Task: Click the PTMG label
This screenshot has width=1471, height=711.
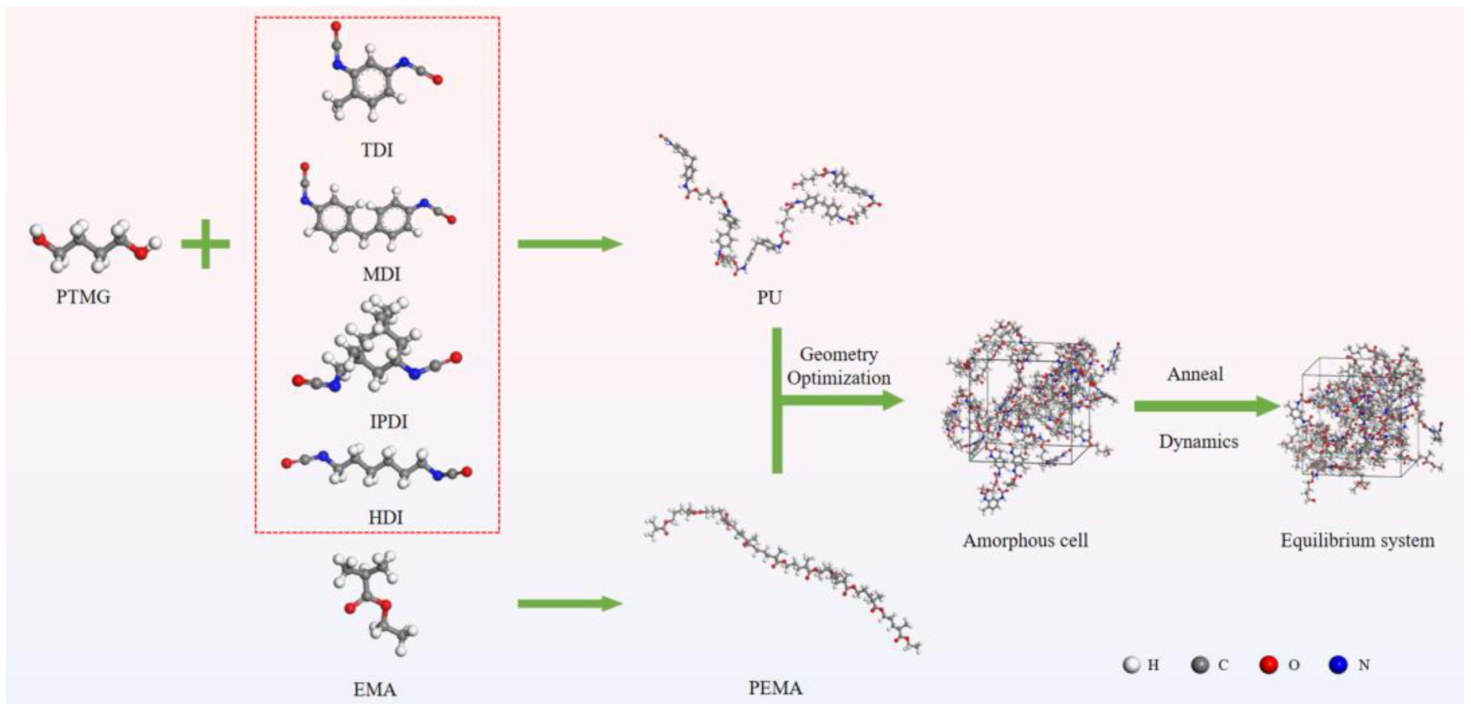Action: (83, 297)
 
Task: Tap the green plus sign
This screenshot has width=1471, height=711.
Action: (206, 244)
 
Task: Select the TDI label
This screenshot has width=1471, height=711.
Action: (377, 150)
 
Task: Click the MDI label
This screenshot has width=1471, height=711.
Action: (382, 274)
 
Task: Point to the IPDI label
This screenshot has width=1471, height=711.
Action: (388, 422)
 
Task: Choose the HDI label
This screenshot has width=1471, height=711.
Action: (386, 517)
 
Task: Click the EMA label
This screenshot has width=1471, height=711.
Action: (375, 690)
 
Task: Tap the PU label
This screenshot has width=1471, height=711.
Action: (769, 298)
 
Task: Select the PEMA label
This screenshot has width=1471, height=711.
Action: (775, 688)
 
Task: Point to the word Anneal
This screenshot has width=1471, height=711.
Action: (1195, 375)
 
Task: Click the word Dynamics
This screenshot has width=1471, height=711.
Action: (1198, 442)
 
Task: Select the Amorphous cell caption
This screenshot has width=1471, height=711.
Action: (1025, 541)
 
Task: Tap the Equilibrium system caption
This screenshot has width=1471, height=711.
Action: (1357, 541)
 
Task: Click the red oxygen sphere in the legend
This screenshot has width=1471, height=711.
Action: (1269, 665)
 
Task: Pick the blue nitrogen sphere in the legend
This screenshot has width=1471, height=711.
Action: (1338, 665)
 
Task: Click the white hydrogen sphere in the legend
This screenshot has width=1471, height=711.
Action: (1131, 665)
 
